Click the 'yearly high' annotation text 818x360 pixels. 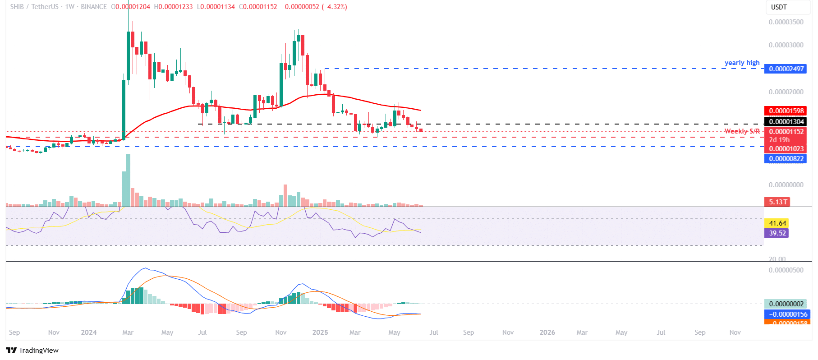742,63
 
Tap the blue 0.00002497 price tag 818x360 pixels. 786,69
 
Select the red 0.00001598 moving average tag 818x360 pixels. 786,111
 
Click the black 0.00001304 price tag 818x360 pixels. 786,122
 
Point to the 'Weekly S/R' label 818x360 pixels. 742,131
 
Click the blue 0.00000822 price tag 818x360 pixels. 786,159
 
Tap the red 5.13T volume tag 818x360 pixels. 778,202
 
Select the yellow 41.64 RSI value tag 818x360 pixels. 777,223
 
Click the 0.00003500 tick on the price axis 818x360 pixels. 786,22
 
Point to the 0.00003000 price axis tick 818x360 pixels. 786,45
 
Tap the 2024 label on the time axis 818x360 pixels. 89,332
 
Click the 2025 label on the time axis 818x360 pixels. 320,332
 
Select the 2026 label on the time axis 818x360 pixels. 547,332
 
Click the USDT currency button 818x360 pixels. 779,7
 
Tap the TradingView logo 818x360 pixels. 32,351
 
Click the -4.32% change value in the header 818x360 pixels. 334,7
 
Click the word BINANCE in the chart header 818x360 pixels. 94,7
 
